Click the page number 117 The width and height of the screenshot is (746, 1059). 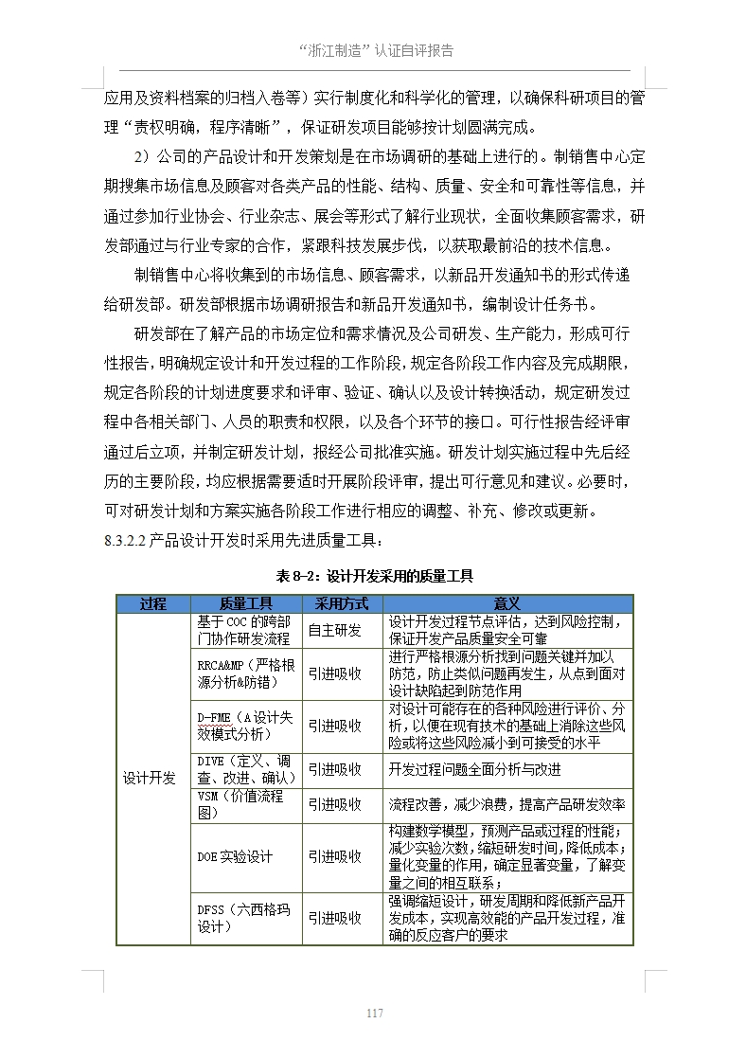(x=374, y=1014)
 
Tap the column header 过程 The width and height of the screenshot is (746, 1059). (x=152, y=603)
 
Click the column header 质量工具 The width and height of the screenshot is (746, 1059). (x=245, y=603)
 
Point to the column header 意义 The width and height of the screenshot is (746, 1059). (x=507, y=603)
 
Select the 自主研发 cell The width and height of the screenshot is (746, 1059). (x=335, y=630)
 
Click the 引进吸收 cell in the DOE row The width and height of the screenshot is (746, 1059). (x=335, y=856)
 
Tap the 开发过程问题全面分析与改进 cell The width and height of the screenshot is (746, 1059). (x=475, y=769)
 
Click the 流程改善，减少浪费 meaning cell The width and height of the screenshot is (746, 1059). (x=507, y=804)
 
